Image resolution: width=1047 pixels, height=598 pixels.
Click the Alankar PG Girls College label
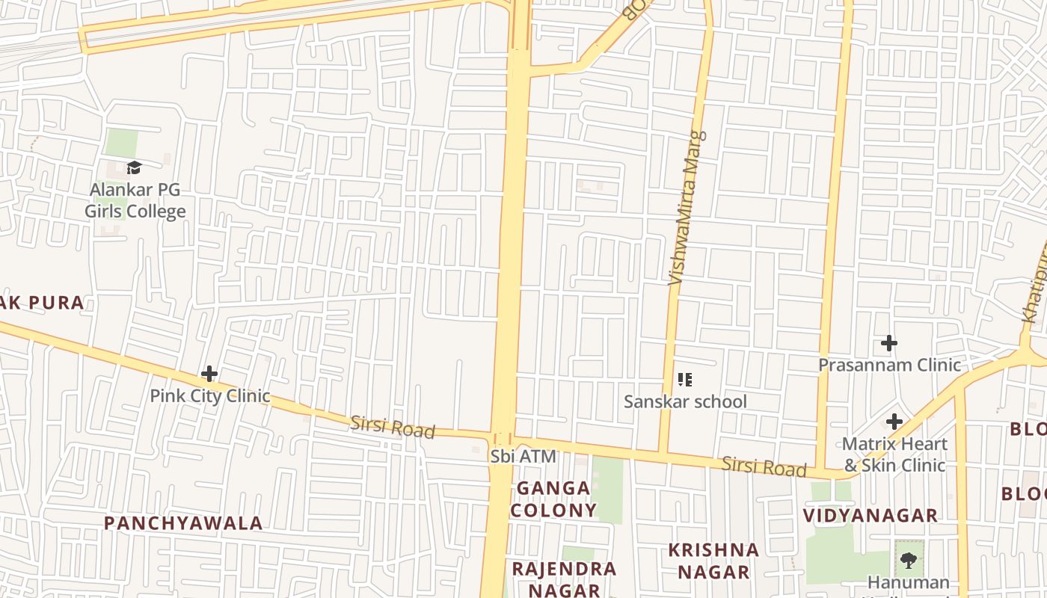click(135, 200)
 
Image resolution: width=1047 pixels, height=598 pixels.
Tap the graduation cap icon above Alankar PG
click(134, 167)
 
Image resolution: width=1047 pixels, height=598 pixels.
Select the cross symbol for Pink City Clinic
click(209, 373)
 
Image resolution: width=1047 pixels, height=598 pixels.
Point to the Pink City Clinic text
click(209, 395)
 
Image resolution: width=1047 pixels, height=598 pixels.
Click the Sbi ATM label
click(523, 456)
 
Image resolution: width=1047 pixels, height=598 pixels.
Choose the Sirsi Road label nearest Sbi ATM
click(392, 427)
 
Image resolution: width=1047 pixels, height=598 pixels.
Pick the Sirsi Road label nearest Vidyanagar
click(764, 467)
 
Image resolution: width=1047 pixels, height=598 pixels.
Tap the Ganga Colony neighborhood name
click(553, 499)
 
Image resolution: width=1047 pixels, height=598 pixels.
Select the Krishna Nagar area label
click(713, 561)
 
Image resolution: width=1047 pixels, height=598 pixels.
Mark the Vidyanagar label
click(871, 515)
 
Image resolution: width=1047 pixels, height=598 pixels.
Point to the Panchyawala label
click(183, 523)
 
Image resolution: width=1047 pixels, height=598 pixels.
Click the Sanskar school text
click(685, 401)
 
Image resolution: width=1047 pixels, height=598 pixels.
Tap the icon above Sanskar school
click(684, 380)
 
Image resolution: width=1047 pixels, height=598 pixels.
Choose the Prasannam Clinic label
click(889, 365)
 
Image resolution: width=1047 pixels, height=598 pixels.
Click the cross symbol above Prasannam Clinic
click(888, 343)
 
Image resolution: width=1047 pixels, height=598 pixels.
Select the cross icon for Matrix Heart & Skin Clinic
click(894, 422)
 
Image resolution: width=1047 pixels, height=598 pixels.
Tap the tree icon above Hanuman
click(909, 559)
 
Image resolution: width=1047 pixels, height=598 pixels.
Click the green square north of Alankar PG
click(121, 143)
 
